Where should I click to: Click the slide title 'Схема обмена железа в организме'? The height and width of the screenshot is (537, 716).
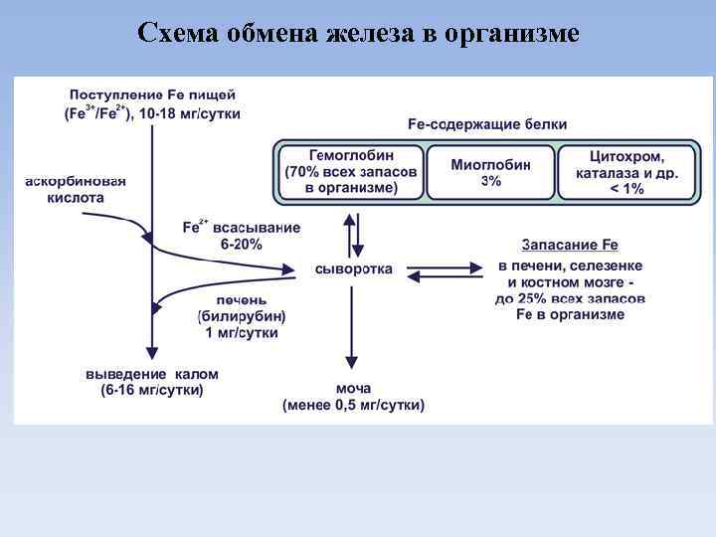[x=358, y=33]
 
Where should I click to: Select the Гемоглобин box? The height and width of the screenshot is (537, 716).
[x=351, y=172]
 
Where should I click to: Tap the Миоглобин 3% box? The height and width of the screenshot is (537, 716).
[x=490, y=172]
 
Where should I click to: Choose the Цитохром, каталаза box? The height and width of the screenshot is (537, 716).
[x=626, y=172]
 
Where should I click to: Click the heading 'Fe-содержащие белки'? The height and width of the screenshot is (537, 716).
[x=487, y=124]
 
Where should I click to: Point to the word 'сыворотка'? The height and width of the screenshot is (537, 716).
[x=353, y=268]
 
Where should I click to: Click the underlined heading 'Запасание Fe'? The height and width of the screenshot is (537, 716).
[x=570, y=244]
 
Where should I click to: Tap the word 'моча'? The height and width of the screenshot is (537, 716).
[x=353, y=388]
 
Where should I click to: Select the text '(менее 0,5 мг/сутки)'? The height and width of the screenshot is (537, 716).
[x=353, y=405]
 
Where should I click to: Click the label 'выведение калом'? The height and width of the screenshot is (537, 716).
[x=152, y=375]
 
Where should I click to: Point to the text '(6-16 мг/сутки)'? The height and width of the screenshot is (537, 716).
[x=152, y=391]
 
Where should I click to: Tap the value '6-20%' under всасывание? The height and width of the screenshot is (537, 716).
[x=242, y=244]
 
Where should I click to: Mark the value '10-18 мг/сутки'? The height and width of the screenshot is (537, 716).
[x=190, y=113]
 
